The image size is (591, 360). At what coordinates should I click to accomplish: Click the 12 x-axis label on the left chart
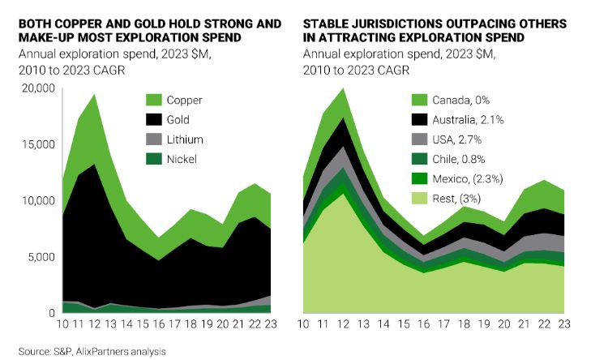(96, 324)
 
